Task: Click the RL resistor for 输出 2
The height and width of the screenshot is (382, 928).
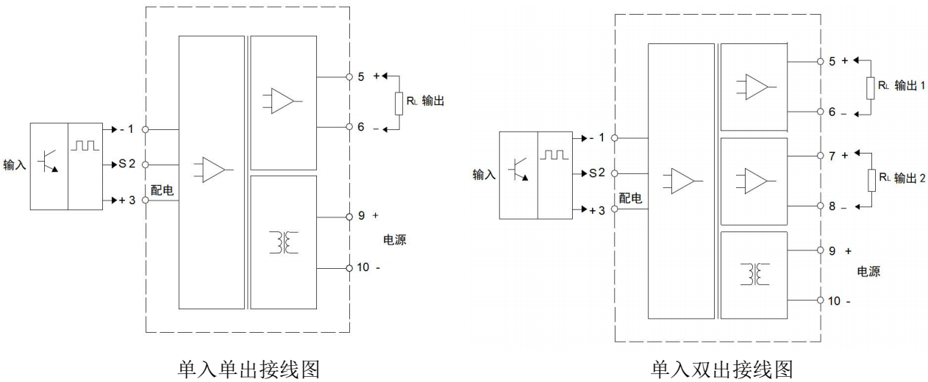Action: coord(872,181)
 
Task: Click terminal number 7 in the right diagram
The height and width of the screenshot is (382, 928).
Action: coord(832,156)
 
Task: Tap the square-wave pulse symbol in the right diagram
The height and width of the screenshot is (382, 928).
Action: coord(554,155)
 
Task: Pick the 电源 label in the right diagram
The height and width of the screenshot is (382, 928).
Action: coord(868,272)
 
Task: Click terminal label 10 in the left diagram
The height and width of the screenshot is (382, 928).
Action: coord(363,267)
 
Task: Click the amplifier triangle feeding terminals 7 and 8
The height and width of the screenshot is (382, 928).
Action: coord(755,179)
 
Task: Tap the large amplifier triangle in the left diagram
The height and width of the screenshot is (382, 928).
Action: coord(212,169)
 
